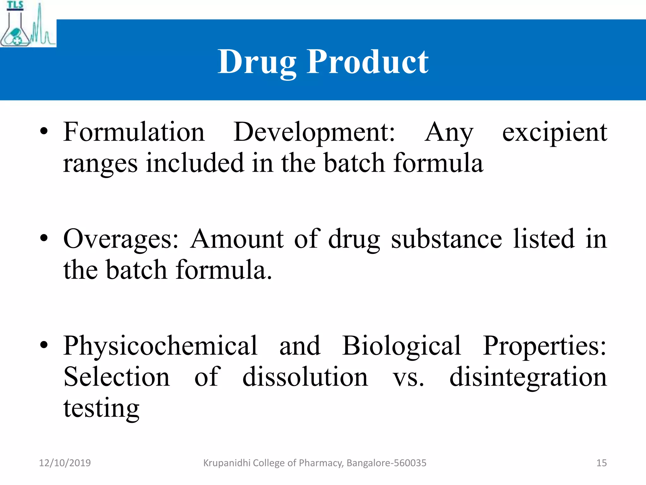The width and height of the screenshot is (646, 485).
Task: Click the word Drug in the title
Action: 257,62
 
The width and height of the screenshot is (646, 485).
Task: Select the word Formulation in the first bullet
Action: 134,132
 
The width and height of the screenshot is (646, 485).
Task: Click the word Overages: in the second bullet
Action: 121,239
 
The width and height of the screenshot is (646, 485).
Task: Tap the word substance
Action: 446,239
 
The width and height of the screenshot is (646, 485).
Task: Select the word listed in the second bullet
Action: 544,239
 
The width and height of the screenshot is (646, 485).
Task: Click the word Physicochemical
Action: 160,346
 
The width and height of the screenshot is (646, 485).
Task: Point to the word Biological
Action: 401,346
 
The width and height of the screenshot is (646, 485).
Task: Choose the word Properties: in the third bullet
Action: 544,346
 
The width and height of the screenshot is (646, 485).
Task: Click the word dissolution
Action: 305,377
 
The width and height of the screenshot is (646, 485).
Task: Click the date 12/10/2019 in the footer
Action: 65,463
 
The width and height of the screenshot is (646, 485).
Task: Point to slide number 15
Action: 602,463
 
